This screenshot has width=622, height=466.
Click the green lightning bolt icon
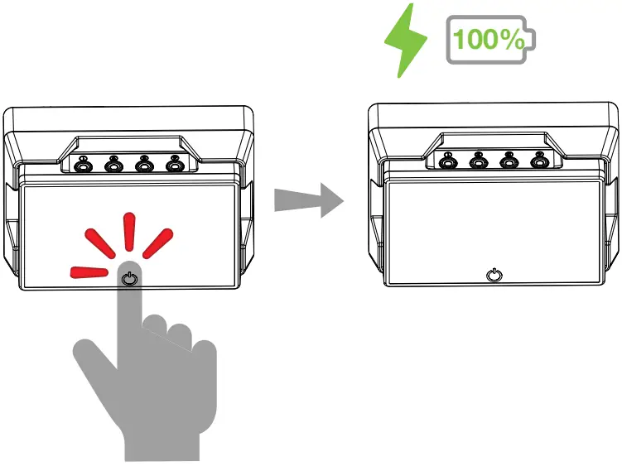tap(406, 40)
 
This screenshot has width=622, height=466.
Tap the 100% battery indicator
tap(489, 40)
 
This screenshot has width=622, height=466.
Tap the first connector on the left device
tap(83, 166)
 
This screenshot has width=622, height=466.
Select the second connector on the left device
tap(113, 166)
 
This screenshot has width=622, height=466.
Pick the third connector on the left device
tap(144, 166)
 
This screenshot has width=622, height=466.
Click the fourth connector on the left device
tap(174, 166)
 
